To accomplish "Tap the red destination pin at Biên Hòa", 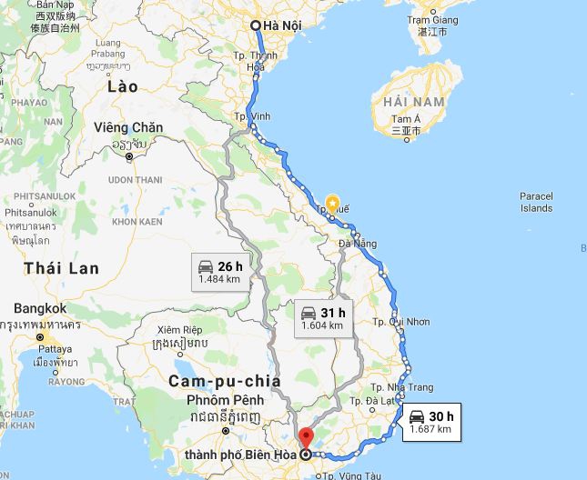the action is pyautogui.click(x=306, y=437).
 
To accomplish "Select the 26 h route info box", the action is pyautogui.click(x=219, y=272).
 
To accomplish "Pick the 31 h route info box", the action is pyautogui.click(x=323, y=318).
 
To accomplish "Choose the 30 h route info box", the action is pyautogui.click(x=430, y=422).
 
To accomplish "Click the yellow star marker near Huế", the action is pyautogui.click(x=333, y=203).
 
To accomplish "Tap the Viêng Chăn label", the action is pyautogui.click(x=128, y=128).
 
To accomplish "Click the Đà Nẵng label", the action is pyautogui.click(x=357, y=244).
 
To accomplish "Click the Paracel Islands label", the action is pyautogui.click(x=536, y=202).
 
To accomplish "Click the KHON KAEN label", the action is pyautogui.click(x=137, y=222).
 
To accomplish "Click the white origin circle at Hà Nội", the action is pyautogui.click(x=256, y=25).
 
